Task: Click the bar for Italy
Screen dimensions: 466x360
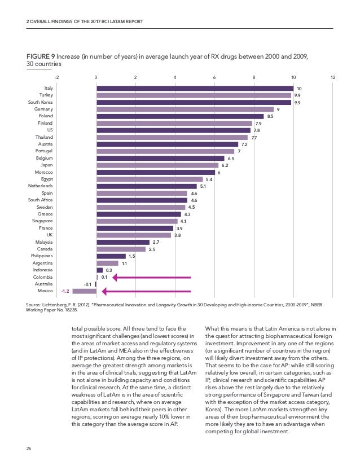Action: click(195, 88)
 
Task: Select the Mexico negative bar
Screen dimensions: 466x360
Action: click(84, 291)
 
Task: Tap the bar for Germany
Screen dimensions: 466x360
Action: click(185, 109)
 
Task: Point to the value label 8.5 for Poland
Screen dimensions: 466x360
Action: click(270, 116)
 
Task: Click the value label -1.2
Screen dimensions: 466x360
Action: click(65, 291)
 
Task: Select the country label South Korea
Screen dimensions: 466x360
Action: click(41, 102)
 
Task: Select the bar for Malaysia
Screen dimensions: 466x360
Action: click(122, 242)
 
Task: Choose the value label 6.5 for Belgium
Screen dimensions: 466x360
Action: click(230, 159)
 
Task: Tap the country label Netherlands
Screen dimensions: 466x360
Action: click(41, 186)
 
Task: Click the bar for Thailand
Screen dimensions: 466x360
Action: click(172, 137)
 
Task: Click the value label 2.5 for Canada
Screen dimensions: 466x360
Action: click(151, 249)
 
